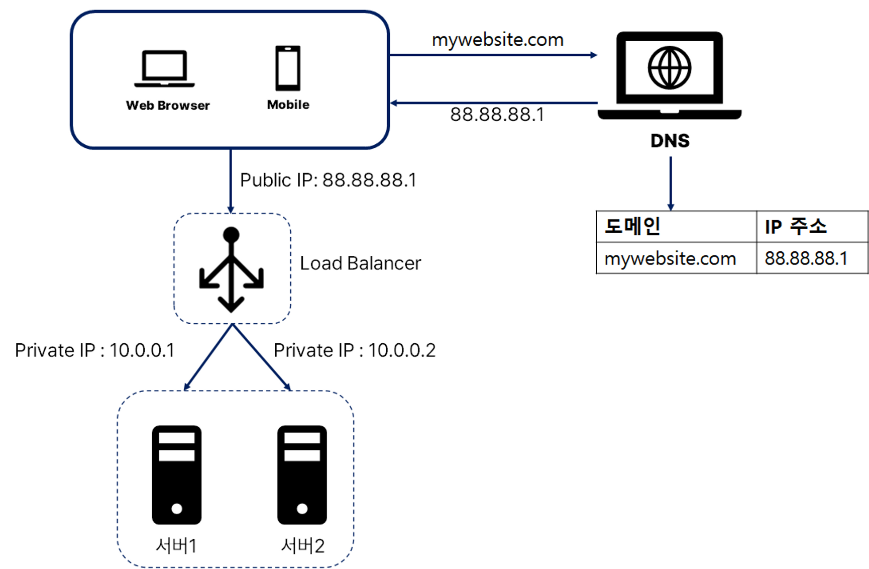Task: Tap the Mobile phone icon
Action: tap(288, 68)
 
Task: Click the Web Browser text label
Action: tap(168, 106)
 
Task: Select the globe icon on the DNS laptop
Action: tap(670, 68)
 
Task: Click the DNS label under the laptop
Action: tap(670, 141)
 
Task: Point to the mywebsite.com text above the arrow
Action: tap(497, 40)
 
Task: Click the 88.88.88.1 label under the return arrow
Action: tap(497, 115)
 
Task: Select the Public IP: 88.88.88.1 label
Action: tap(328, 180)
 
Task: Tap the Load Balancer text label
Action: tap(360, 263)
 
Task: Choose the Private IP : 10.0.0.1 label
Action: tap(94, 350)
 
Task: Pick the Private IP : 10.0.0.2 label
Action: tap(354, 350)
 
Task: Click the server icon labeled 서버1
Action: tap(177, 475)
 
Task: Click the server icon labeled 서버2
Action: tap(302, 475)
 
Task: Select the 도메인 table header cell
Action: tap(676, 227)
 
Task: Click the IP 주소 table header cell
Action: tap(811, 227)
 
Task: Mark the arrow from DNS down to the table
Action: tap(671, 183)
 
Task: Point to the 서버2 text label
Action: tap(303, 545)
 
